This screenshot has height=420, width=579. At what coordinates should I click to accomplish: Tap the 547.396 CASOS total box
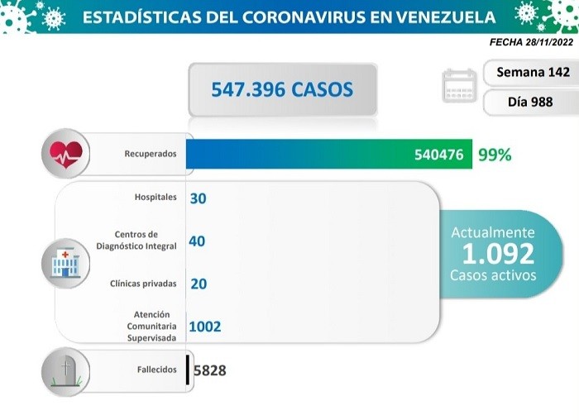282,88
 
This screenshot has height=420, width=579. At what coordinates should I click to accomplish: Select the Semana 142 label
533,72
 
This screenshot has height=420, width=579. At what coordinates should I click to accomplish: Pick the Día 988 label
533,103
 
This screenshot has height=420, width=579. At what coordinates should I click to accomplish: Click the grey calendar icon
460,86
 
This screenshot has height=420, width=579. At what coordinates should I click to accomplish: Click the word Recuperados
151,154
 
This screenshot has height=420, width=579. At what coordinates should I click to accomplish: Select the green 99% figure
494,154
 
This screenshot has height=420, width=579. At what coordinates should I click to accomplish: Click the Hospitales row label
156,198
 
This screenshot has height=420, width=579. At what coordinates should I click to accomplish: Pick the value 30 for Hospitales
198,198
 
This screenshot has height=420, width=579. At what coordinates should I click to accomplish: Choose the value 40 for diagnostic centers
197,241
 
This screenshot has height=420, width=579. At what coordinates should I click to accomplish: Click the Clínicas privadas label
143,284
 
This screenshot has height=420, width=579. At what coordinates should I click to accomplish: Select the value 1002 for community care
205,327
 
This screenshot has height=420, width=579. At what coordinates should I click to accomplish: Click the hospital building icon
66,264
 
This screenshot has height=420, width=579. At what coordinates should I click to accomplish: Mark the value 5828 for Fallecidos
209,370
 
